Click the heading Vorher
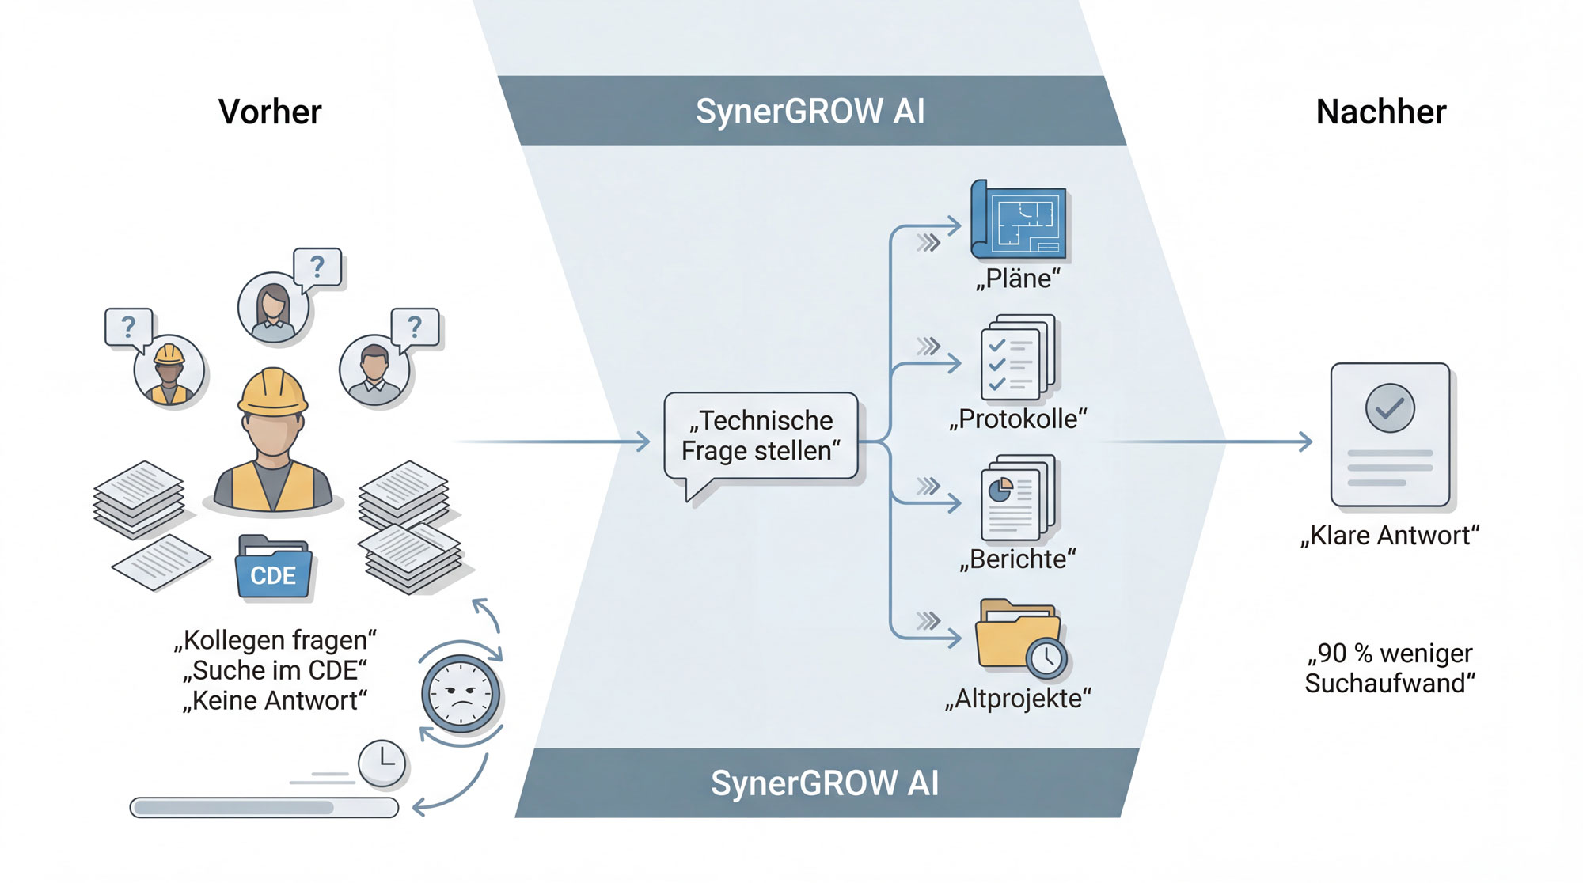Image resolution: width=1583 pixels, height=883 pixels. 270,112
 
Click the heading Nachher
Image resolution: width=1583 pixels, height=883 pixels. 1380,112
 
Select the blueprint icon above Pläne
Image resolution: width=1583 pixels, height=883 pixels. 1019,221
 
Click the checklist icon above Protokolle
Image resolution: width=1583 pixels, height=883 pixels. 1018,358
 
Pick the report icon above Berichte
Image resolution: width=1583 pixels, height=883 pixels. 1018,498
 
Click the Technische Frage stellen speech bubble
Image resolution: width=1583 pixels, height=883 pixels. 761,436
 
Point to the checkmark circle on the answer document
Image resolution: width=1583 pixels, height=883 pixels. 1390,408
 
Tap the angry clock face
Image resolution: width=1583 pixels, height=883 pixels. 461,693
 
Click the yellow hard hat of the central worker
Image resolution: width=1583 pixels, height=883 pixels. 272,392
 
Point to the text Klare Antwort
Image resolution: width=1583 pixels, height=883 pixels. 1390,536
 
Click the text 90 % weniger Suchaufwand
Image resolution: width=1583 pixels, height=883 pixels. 1390,669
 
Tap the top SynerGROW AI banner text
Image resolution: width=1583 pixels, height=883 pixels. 810,112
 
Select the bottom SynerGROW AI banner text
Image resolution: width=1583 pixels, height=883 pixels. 825,783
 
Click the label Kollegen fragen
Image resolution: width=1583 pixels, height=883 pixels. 275,640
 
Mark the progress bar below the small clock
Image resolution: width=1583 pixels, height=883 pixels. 264,807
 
